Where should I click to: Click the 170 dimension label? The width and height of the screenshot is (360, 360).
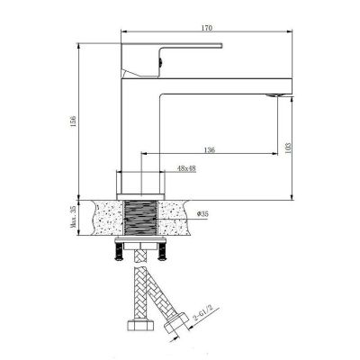(207, 28)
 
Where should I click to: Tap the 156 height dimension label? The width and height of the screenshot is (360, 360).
(74, 121)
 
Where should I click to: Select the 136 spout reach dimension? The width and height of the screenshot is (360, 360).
(210, 149)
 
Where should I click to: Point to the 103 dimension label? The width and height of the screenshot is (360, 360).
(288, 148)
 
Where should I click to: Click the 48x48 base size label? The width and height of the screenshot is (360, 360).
(186, 168)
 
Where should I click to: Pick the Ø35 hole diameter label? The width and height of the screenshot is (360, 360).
(202, 214)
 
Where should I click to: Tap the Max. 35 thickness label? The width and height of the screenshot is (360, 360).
(73, 218)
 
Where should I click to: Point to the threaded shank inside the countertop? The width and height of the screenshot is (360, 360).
(140, 218)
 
